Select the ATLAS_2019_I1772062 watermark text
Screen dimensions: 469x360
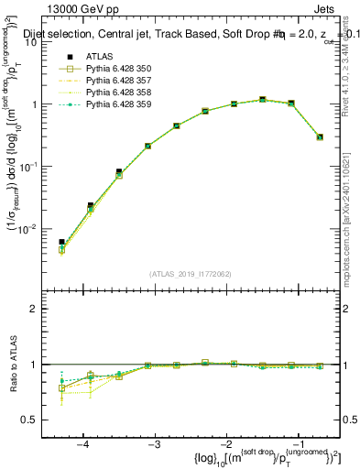[191, 274]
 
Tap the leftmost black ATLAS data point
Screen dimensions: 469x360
[61, 242]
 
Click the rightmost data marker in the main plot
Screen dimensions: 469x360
[320, 136]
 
